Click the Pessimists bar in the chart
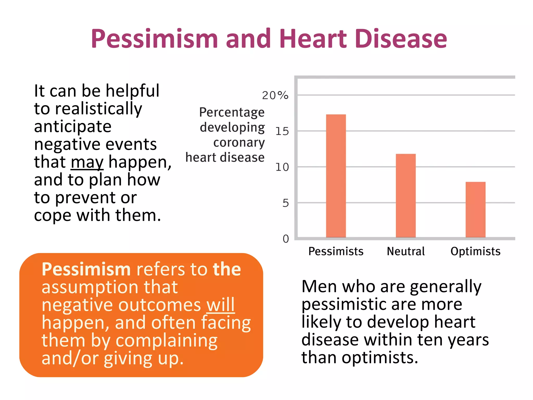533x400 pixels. tap(336, 176)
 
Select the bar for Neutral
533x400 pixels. tap(405, 195)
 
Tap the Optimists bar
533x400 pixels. tap(475, 209)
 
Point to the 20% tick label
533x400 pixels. tap(275, 95)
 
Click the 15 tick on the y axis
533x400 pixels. tap(282, 131)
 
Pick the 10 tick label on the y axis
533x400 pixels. tap(282, 167)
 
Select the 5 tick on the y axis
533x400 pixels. tap(285, 203)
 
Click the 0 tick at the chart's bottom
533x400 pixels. tap(285, 239)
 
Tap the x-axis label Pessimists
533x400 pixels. tap(336, 251)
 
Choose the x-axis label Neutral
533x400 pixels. tap(405, 251)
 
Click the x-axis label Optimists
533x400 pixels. tap(475, 251)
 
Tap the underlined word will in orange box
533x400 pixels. tap(220, 305)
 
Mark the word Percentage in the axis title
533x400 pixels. tap(232, 113)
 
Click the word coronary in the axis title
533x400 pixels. tap(239, 142)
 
